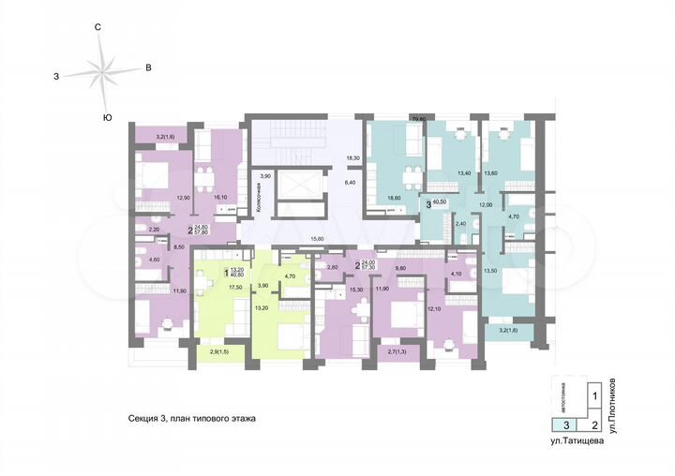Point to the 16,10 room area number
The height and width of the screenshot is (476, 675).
(222, 198)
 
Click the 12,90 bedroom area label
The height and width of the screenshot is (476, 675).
(184, 198)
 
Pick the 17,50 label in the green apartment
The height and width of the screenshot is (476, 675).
(210, 287)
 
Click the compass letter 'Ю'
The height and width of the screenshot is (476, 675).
(108, 117)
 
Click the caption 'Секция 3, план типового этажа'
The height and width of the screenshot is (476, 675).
(192, 420)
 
